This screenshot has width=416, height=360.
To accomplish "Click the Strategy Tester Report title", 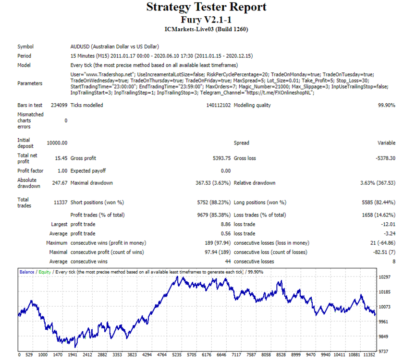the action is point(206,7).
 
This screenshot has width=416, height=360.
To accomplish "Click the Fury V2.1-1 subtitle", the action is point(206,20).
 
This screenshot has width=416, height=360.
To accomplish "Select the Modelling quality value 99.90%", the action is point(387,105).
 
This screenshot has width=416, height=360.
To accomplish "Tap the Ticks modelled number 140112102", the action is point(219,105).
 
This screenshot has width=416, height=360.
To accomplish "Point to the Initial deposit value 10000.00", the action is point(57,143).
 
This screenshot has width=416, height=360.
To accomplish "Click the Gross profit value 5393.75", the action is point(221,158).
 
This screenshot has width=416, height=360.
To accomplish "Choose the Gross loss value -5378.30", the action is point(385,158).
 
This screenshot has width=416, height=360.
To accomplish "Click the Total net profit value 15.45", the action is point(61,158).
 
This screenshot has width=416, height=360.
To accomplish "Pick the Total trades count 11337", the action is point(61,203).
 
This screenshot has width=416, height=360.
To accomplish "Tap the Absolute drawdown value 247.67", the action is point(60,183).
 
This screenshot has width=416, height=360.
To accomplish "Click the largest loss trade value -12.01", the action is point(388,224).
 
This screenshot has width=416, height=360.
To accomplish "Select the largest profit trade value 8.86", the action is point(226,224).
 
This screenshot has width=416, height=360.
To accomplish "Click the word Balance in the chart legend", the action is point(27,272).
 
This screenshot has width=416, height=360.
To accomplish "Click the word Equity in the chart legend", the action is point(45,272).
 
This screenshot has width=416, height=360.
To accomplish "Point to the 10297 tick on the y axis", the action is point(384,277).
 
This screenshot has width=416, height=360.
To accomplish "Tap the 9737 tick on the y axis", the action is point(383,351).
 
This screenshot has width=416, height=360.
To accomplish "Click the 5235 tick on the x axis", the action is point(177,355).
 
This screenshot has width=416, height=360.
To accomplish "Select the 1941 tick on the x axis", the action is point(73,355).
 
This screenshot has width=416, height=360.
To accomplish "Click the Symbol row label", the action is point(25,47).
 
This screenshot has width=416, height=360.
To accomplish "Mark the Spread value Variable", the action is point(386,143).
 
